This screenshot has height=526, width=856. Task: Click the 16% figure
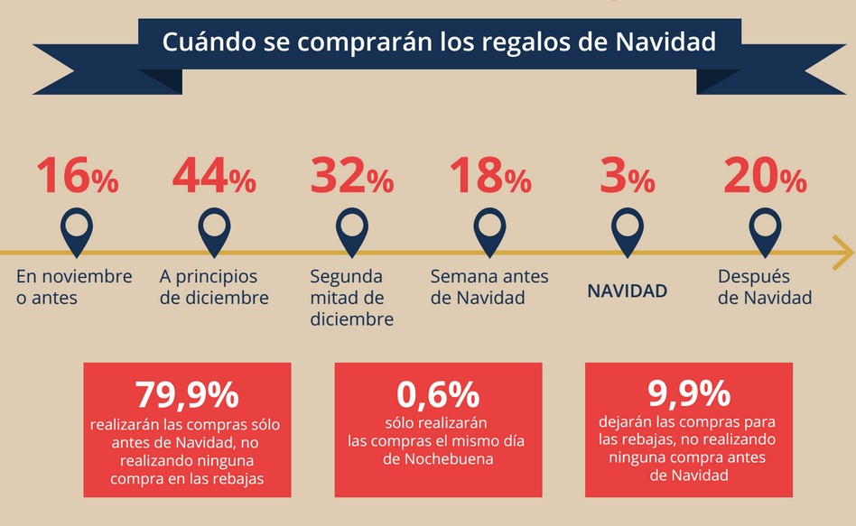point(78,176)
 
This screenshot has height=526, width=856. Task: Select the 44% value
point(214,176)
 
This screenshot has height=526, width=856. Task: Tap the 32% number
point(352,176)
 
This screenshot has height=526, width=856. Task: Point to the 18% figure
point(489,176)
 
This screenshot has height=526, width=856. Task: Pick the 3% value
point(628,176)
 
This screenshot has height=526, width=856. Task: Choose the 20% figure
point(764,176)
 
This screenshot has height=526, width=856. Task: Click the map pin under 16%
point(77,230)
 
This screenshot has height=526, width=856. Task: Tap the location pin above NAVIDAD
point(628,230)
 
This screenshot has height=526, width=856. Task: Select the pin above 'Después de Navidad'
point(765,230)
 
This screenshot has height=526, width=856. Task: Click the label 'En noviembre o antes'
point(74,286)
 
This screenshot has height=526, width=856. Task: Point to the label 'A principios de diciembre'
point(214,286)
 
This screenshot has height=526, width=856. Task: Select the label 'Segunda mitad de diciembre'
point(351,297)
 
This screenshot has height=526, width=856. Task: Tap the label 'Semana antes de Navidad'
point(489,286)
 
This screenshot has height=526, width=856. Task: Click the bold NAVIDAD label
point(628,291)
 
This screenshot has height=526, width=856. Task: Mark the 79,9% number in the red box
point(187,395)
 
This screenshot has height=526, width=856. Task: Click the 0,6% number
point(438,395)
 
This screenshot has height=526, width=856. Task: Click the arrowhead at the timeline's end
point(842,252)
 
